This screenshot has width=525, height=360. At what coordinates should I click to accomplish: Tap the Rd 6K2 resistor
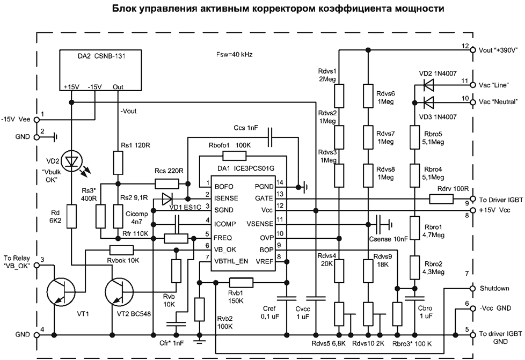pos(71,216)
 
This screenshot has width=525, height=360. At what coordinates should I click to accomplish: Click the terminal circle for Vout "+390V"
pos(472,50)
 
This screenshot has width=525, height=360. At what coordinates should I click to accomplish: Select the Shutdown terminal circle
pos(472,288)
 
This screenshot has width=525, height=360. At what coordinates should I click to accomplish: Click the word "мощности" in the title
pos(420,9)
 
